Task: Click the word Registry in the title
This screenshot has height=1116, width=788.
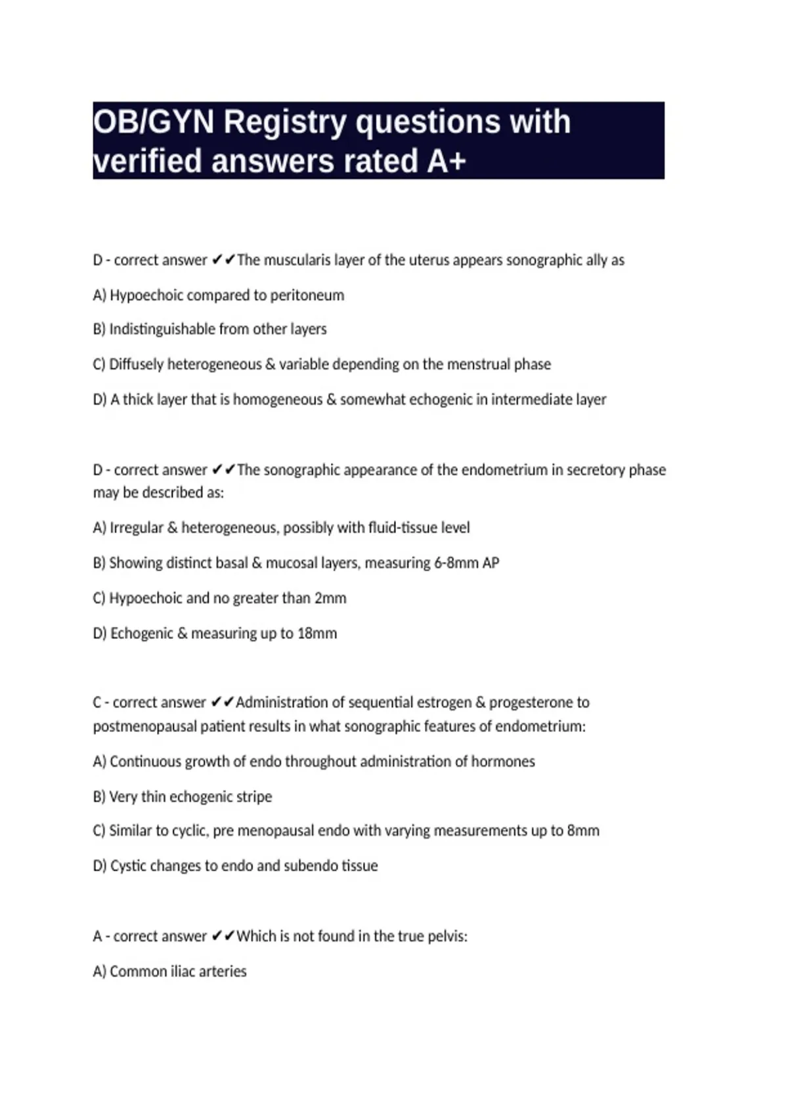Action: coord(284,122)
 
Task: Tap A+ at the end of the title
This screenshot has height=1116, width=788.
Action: coord(446,161)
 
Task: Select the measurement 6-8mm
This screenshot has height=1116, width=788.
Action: coord(456,563)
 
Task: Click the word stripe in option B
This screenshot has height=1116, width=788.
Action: coord(253,797)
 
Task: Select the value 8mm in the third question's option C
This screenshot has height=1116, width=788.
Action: coord(583,831)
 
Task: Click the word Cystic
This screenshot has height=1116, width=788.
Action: coord(129,866)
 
